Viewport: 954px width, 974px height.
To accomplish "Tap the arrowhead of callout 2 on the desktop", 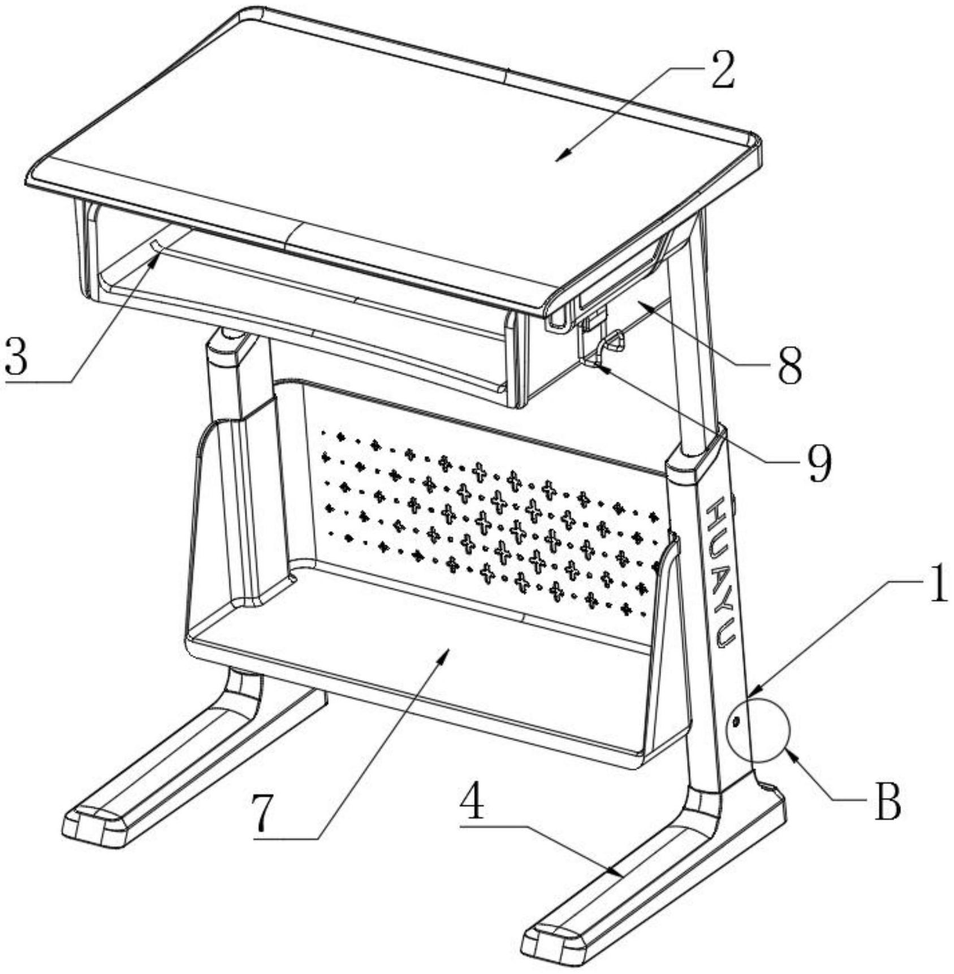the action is click(x=558, y=159).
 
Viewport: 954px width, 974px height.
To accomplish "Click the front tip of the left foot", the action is click(x=93, y=828).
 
